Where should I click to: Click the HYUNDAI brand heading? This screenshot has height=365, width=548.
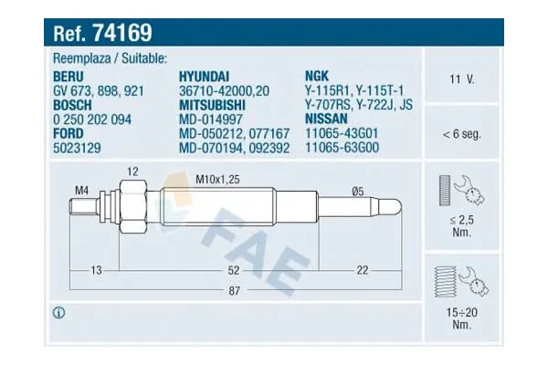click(205, 77)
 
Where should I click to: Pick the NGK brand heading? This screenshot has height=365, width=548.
click(317, 77)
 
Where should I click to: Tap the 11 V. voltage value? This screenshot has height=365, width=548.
click(461, 79)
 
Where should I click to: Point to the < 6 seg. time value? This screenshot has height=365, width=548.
click(461, 134)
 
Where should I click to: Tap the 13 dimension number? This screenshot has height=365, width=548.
click(96, 269)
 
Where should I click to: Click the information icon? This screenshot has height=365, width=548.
click(59, 313)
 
